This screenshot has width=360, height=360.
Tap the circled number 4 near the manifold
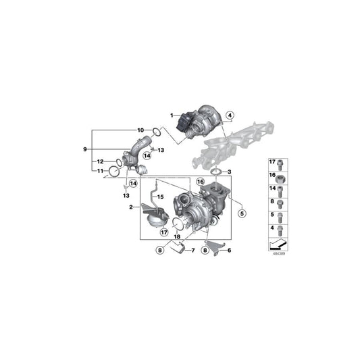pos(230,115)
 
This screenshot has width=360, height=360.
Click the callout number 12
pos(100,161)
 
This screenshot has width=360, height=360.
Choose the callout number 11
pos(100,172)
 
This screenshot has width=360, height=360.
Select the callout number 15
pos(159,197)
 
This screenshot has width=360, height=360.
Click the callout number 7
pos(192,251)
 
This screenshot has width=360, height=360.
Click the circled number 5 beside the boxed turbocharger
pos(240,213)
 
